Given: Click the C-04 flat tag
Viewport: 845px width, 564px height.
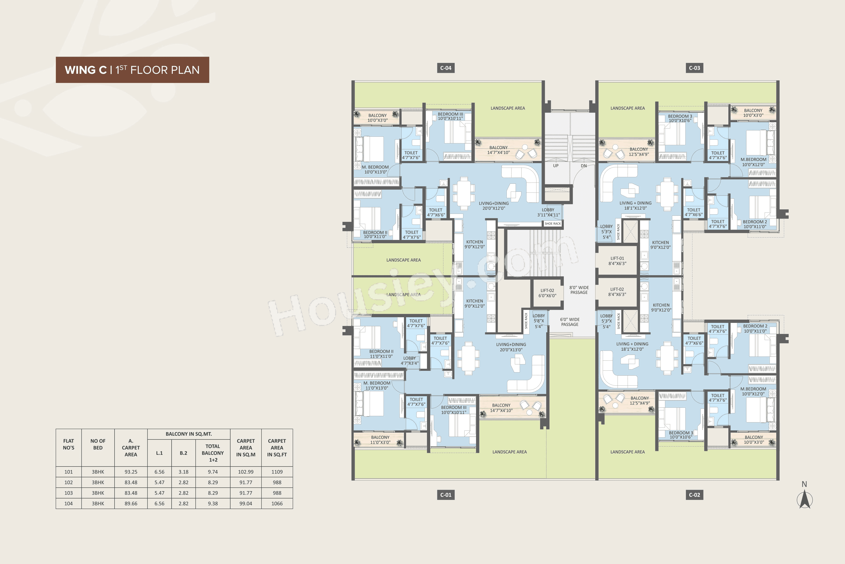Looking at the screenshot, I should (x=446, y=68).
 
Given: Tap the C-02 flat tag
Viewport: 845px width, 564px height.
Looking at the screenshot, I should (x=694, y=495).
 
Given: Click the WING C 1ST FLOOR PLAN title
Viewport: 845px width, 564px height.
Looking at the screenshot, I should (x=132, y=70).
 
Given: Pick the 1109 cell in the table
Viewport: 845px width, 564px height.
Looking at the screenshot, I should (x=277, y=472).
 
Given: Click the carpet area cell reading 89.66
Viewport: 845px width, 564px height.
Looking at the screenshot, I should (x=131, y=504).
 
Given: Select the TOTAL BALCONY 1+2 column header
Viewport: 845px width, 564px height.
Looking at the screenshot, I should (x=213, y=453).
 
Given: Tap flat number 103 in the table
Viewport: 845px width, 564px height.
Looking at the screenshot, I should (x=68, y=493).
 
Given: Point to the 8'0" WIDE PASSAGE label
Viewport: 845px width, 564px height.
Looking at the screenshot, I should (x=579, y=290).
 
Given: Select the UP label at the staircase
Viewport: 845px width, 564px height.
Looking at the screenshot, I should (x=555, y=166).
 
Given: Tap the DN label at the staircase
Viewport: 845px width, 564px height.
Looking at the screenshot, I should (x=584, y=166).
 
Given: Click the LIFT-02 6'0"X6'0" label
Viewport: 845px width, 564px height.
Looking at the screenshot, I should (x=547, y=293).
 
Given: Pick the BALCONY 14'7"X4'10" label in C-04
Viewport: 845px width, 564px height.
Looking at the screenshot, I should (x=498, y=150).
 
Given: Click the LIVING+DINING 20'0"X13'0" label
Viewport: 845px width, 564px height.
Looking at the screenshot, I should (x=511, y=347).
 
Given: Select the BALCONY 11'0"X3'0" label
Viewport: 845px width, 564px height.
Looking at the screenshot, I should (x=380, y=439).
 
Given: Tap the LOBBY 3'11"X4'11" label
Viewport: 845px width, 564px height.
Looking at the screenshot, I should (x=548, y=212).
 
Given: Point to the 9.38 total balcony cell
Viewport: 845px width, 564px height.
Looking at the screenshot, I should (x=213, y=504).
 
